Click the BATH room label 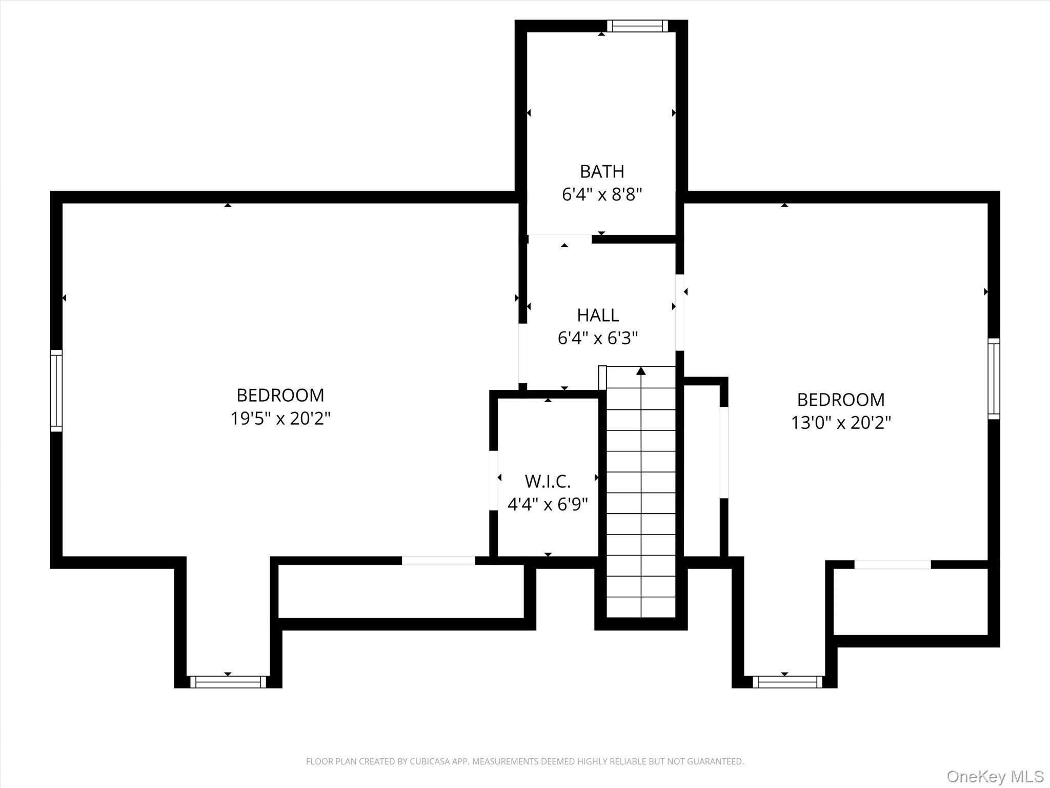(602, 171)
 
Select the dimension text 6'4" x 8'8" (602, 195)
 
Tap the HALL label (598, 315)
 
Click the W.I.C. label (548, 481)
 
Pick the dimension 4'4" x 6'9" (548, 505)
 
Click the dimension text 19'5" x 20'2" (280, 419)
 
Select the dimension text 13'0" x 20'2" (841, 423)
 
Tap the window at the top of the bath (637, 26)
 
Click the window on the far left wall (56, 390)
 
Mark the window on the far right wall (994, 379)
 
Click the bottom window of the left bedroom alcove (228, 682)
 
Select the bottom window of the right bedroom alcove (787, 682)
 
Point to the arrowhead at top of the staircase (641, 371)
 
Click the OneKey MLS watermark (995, 776)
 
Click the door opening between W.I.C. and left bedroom (494, 480)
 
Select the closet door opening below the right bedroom (892, 564)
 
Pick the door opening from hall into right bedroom (680, 312)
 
